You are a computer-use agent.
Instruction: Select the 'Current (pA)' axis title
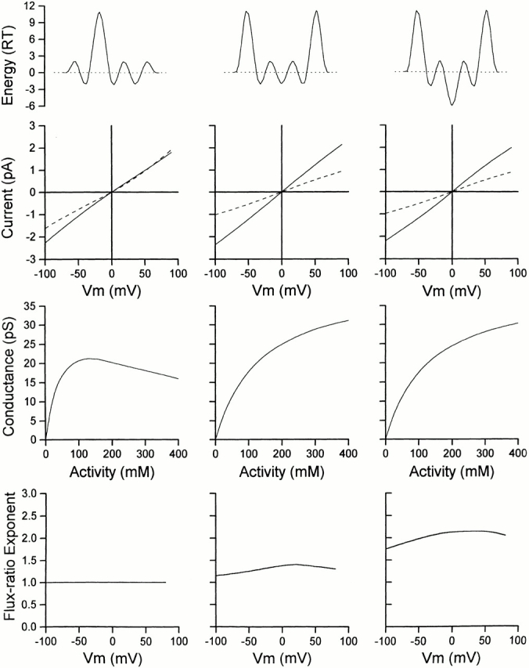pos(9,192)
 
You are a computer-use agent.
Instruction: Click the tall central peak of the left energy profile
pos(99,13)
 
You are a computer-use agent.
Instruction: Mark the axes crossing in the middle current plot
pos(281,192)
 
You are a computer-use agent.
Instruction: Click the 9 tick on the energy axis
pos(28,23)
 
